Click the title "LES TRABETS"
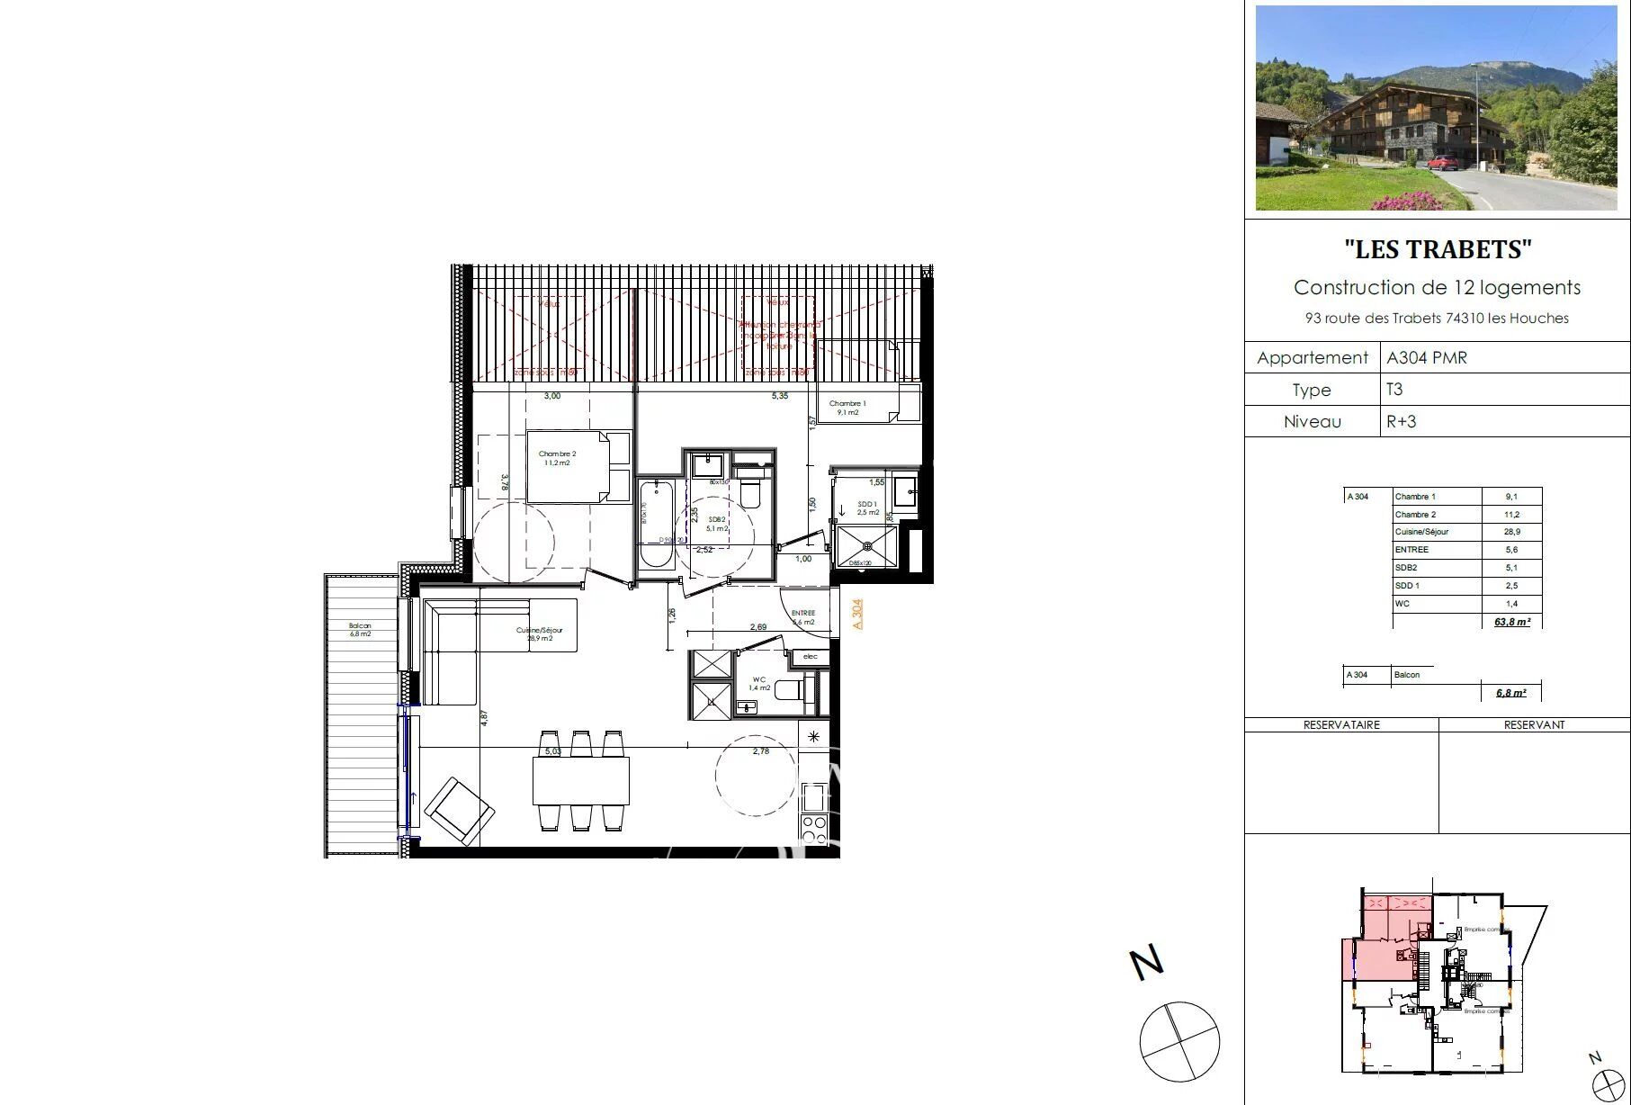click(1437, 249)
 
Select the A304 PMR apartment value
click(1427, 357)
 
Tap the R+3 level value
click(1401, 421)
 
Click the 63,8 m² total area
click(1511, 622)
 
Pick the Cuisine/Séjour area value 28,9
click(1511, 532)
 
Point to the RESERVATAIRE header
click(1340, 724)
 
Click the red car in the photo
click(1442, 163)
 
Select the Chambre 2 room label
click(557, 458)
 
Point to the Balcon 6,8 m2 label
click(360, 629)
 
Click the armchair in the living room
click(459, 810)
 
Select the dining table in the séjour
click(580, 780)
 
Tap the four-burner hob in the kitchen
click(814, 828)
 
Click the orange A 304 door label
click(857, 614)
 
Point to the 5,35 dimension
click(779, 396)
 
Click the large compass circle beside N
click(1178, 1041)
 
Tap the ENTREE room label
click(802, 616)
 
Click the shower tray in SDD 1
click(866, 545)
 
